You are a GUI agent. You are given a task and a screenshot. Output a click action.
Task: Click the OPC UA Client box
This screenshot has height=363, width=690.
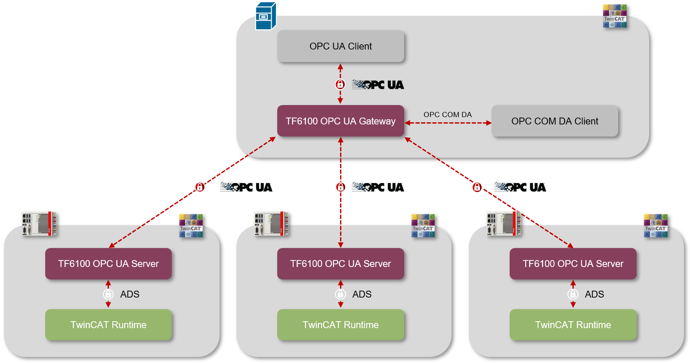pyautogui.click(x=340, y=46)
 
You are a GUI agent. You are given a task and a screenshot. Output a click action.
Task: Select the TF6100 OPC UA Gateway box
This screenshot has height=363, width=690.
pyautogui.click(x=340, y=121)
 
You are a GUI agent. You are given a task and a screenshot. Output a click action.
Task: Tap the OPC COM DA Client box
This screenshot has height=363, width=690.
pyautogui.click(x=554, y=121)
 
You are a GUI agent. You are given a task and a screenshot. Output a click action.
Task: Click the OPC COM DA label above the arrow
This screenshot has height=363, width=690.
pyautogui.click(x=447, y=115)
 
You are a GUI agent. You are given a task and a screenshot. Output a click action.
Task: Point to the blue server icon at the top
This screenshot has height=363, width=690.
pyautogui.click(x=265, y=16)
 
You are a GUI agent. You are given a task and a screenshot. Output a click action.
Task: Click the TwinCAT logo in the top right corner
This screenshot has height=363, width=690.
pyautogui.click(x=615, y=16)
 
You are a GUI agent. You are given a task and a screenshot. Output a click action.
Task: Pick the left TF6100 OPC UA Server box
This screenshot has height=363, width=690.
pyautogui.click(x=108, y=264)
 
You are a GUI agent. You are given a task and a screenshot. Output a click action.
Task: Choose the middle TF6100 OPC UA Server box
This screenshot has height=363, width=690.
pyautogui.click(x=340, y=264)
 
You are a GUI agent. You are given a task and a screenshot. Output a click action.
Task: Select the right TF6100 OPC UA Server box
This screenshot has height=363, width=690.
pyautogui.click(x=573, y=264)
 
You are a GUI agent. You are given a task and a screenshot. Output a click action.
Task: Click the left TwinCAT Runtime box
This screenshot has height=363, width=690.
pyautogui.click(x=108, y=325)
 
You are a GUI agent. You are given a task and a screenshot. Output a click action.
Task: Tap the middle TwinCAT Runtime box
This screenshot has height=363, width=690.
pyautogui.click(x=340, y=325)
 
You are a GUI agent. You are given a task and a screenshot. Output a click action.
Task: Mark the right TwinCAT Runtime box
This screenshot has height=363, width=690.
pyautogui.click(x=573, y=325)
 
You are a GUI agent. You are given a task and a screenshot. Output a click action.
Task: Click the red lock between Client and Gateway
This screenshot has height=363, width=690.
pyautogui.click(x=340, y=84)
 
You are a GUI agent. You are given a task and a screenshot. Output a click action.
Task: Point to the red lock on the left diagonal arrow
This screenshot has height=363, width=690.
pyautogui.click(x=200, y=187)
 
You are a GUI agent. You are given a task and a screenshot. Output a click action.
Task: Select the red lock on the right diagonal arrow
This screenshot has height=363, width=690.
pyautogui.click(x=477, y=187)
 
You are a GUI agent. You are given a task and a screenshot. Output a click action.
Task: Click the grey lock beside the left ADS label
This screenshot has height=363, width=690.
pyautogui.click(x=108, y=294)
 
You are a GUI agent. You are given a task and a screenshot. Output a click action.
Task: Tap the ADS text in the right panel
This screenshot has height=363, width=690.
pyautogui.click(x=594, y=294)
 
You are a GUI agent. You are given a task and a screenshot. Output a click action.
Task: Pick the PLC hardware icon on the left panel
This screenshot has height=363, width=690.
pyautogui.click(x=40, y=223)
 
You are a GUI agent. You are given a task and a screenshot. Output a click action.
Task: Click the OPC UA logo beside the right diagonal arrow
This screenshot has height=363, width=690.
pyautogui.click(x=520, y=187)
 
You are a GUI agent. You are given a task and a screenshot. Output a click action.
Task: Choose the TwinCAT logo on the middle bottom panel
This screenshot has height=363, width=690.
pyautogui.click(x=423, y=226)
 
